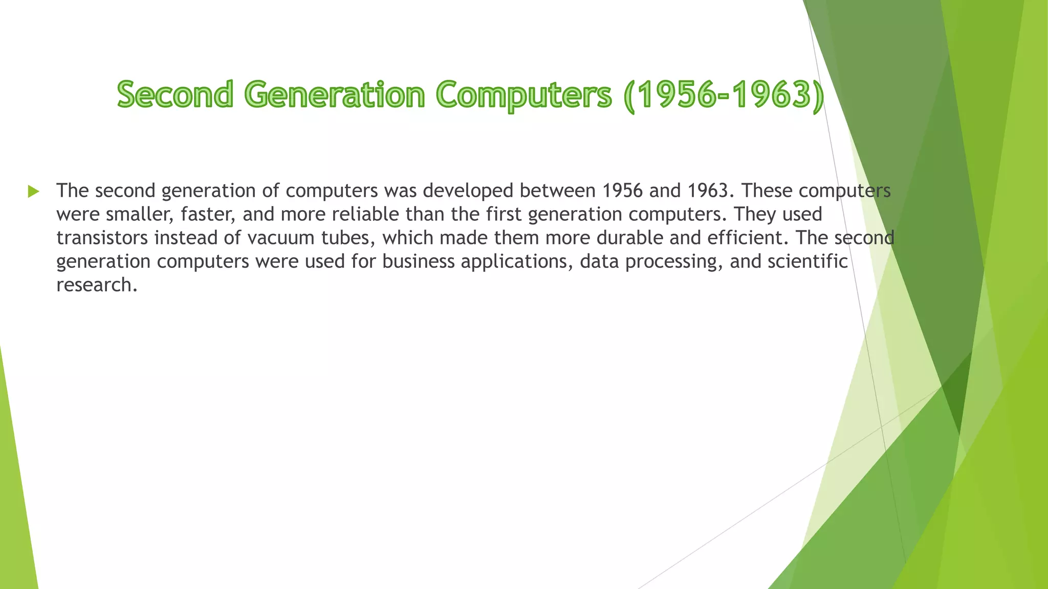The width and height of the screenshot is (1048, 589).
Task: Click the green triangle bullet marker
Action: (x=34, y=192)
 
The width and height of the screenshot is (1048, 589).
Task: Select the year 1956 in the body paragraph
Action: (x=622, y=191)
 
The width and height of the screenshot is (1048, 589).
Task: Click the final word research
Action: (x=96, y=285)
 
